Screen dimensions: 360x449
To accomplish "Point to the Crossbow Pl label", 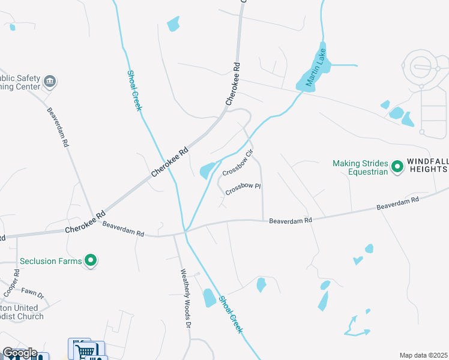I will point(243,189).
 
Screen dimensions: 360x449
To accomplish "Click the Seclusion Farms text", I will point(51,261).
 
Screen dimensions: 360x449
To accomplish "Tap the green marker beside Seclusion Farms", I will point(91,260).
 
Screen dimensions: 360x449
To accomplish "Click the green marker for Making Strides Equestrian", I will point(397,166).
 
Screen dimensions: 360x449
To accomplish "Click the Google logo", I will point(19,353).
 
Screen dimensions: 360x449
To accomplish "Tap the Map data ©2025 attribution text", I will point(423,355).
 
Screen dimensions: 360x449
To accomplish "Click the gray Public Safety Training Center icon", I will point(50,81).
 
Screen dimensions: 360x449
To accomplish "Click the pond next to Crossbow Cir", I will point(207,170).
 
